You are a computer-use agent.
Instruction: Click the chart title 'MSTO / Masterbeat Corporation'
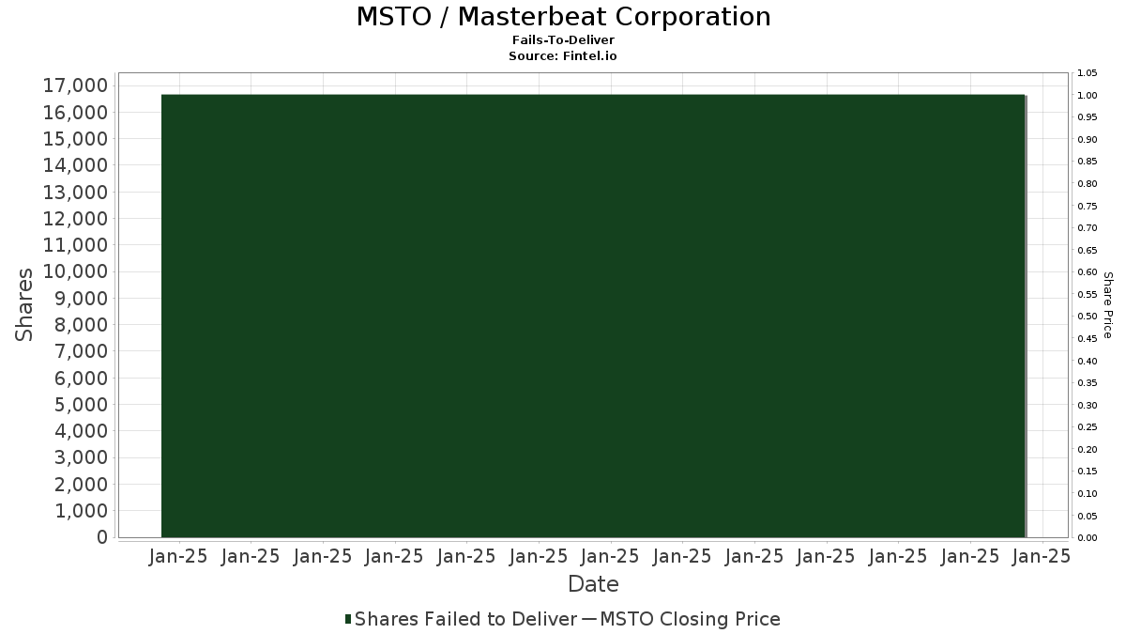564,17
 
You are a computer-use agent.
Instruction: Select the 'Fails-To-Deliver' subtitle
563,39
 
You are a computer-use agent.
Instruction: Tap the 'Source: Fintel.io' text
562,55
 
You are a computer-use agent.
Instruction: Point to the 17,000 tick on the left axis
75,85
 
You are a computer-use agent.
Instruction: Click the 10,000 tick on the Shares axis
75,271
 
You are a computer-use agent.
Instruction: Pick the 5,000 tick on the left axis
81,405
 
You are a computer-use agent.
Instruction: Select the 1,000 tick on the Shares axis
81,511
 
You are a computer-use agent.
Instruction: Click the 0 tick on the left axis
102,537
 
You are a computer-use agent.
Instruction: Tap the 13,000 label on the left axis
75,193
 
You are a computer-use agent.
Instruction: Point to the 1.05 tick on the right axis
1088,73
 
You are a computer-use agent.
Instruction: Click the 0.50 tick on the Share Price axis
1088,317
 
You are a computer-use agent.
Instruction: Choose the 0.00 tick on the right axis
1088,538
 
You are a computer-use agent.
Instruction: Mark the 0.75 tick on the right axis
1088,206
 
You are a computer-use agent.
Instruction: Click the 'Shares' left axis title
23,305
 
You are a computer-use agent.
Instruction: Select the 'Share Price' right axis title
1107,305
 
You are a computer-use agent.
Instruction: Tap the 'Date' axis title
593,584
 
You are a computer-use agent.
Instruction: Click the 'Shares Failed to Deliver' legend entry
465,619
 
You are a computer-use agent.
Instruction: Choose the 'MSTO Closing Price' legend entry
691,619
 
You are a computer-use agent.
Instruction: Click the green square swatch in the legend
348,619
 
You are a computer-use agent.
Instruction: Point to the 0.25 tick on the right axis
1088,427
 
